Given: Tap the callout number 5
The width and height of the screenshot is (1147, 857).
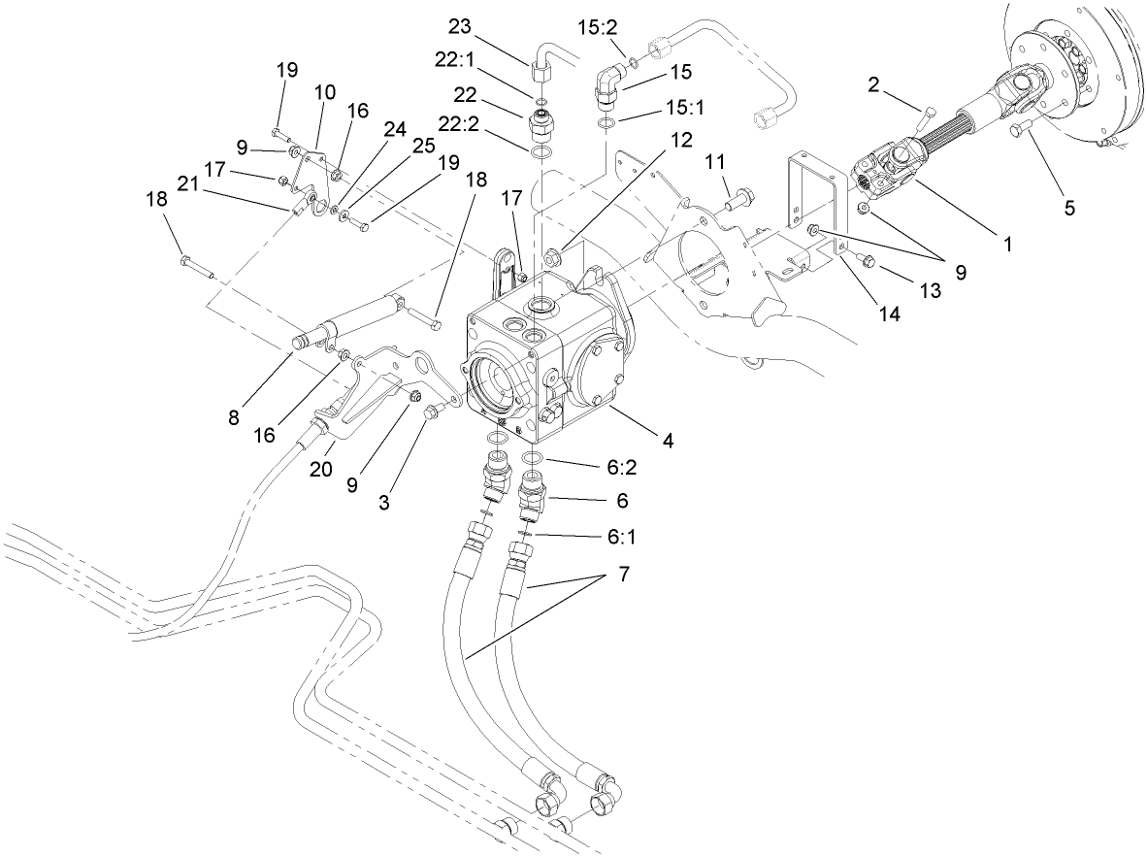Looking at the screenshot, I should click(1069, 208).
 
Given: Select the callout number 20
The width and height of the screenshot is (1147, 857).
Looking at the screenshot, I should click(321, 468).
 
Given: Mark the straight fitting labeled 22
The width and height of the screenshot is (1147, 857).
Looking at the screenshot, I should click(541, 126).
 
